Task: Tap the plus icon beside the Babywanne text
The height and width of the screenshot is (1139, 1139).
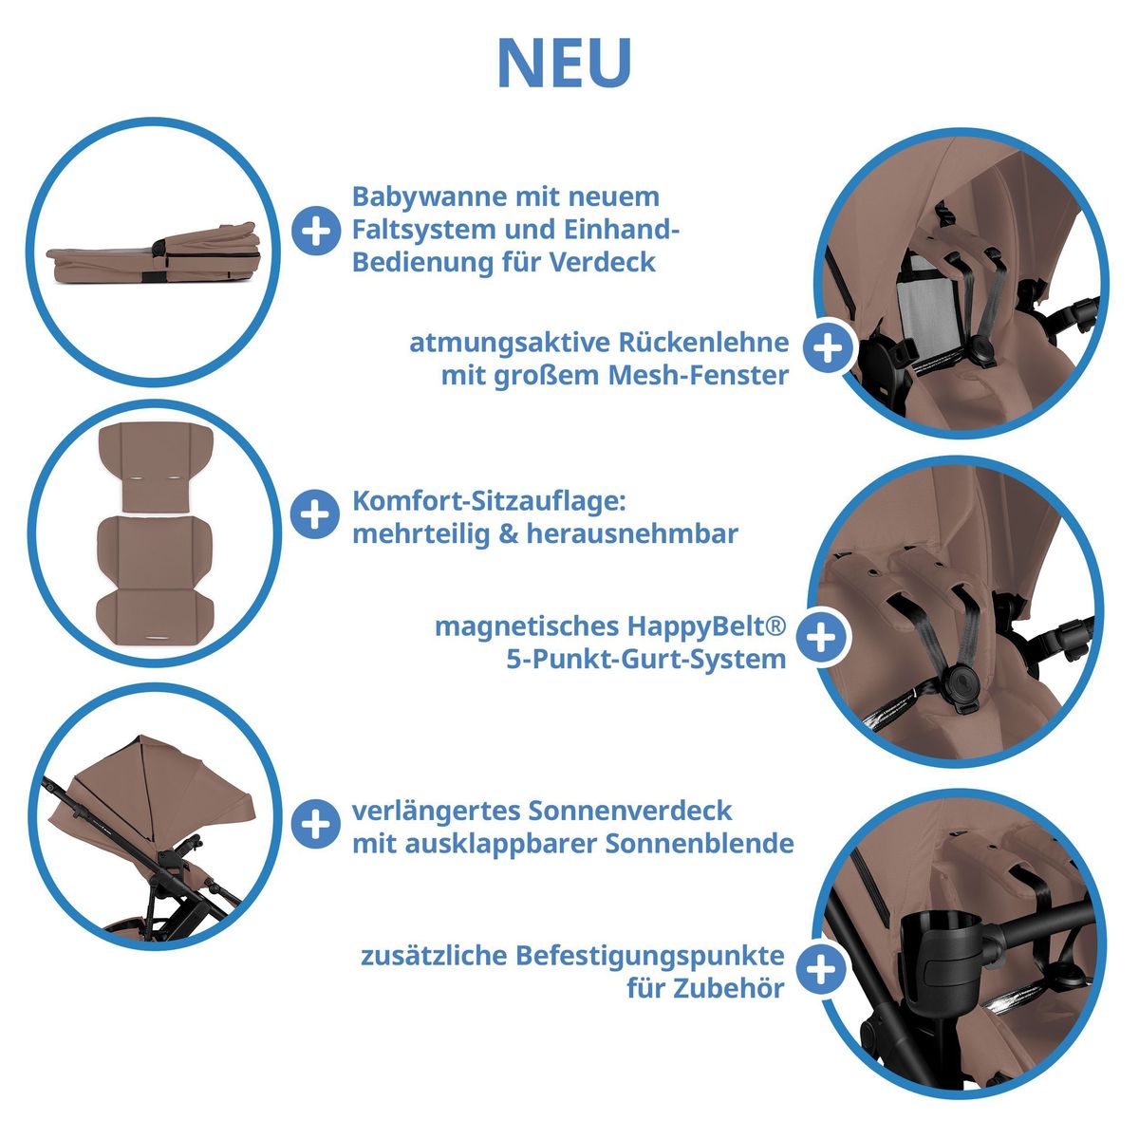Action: (315, 230)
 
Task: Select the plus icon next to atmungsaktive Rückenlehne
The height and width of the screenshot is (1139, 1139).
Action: (828, 348)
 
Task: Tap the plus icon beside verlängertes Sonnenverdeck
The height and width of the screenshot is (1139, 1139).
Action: (315, 823)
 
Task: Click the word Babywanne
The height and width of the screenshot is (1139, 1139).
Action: (432, 196)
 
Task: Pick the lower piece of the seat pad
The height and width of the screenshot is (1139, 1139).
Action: (154, 577)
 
